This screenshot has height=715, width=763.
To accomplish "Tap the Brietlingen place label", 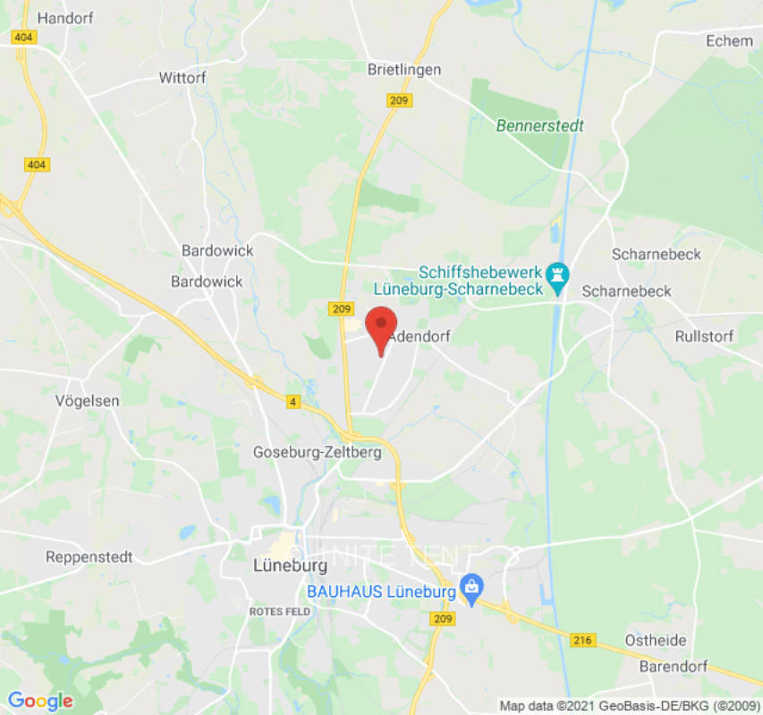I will [405, 69].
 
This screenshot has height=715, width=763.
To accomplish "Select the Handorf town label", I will [60, 18].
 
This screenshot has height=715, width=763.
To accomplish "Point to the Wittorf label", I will [182, 78].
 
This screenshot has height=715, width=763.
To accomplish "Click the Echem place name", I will [729, 41].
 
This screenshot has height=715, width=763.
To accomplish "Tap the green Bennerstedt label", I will [540, 125].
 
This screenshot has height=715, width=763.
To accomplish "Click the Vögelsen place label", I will [87, 400].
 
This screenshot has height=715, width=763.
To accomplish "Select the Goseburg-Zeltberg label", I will [318, 452].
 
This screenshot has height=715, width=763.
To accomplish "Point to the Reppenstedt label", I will [89, 557].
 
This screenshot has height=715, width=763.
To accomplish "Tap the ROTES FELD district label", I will [279, 611].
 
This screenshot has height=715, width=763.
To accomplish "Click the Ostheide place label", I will [656, 640].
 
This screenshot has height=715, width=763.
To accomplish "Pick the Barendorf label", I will [674, 667].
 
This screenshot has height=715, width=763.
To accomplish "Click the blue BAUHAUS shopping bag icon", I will [471, 589].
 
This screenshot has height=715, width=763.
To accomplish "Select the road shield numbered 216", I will [582, 640].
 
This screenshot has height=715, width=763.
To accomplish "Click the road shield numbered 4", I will [292, 402].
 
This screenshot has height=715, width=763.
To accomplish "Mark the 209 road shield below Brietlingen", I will [399, 100].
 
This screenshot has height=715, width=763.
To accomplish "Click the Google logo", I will [39, 701].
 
